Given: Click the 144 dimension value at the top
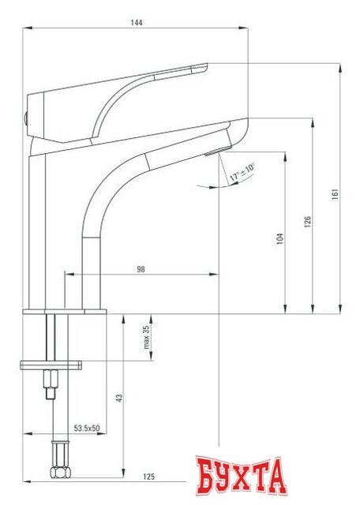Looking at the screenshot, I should (136, 23).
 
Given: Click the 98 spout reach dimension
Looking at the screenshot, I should (141, 269).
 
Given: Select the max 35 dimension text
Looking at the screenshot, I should (145, 338).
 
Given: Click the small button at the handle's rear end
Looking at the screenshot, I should (25, 118).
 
